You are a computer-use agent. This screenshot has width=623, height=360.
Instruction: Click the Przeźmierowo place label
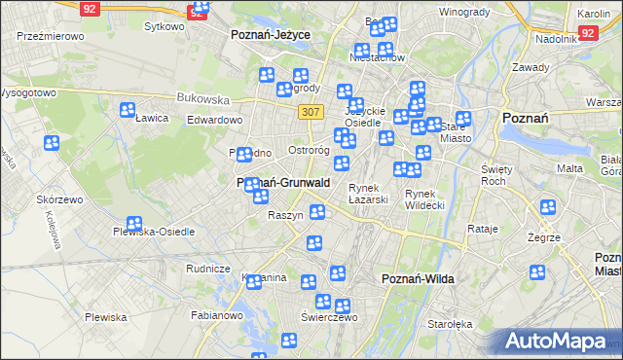point(50,35)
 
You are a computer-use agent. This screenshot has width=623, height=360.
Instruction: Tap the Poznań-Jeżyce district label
point(270,34)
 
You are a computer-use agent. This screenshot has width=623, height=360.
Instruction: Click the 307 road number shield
point(311,112)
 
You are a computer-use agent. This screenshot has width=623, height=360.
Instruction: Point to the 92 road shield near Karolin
point(587,32)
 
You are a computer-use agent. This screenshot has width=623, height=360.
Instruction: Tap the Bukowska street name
point(202,98)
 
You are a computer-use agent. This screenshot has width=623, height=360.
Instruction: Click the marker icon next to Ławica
point(128,110)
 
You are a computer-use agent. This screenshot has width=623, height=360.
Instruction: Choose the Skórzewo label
point(59,198)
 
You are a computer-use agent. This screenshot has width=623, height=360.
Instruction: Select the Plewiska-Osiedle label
point(154,232)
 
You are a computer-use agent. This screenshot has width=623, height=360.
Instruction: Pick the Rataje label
point(483,229)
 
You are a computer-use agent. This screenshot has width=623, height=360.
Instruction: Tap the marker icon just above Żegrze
point(548,208)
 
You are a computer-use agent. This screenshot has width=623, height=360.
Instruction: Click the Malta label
point(569,168)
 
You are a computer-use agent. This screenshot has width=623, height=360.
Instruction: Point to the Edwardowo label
point(214,120)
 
